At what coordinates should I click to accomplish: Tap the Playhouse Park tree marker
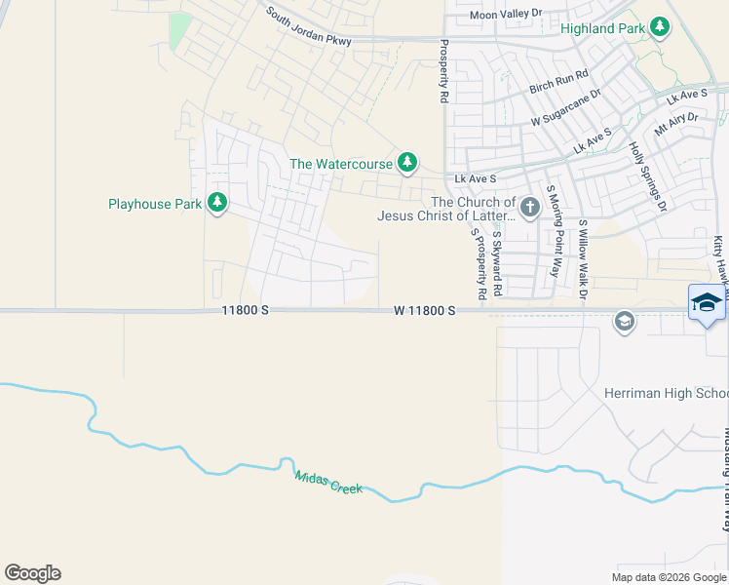[217, 203]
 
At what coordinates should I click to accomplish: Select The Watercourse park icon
[408, 163]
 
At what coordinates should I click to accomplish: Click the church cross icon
[529, 207]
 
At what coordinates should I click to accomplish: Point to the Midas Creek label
[328, 482]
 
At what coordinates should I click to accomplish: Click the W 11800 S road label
[425, 310]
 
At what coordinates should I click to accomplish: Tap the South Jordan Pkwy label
[308, 27]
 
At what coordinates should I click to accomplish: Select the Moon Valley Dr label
[505, 14]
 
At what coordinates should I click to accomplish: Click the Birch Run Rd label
[559, 82]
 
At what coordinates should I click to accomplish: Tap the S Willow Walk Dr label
[584, 258]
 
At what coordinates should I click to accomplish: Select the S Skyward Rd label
[497, 263]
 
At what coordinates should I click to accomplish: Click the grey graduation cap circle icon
[624, 320]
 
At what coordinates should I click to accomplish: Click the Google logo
[32, 573]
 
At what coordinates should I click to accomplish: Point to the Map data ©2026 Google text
[668, 576]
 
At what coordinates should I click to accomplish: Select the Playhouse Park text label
[154, 204]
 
